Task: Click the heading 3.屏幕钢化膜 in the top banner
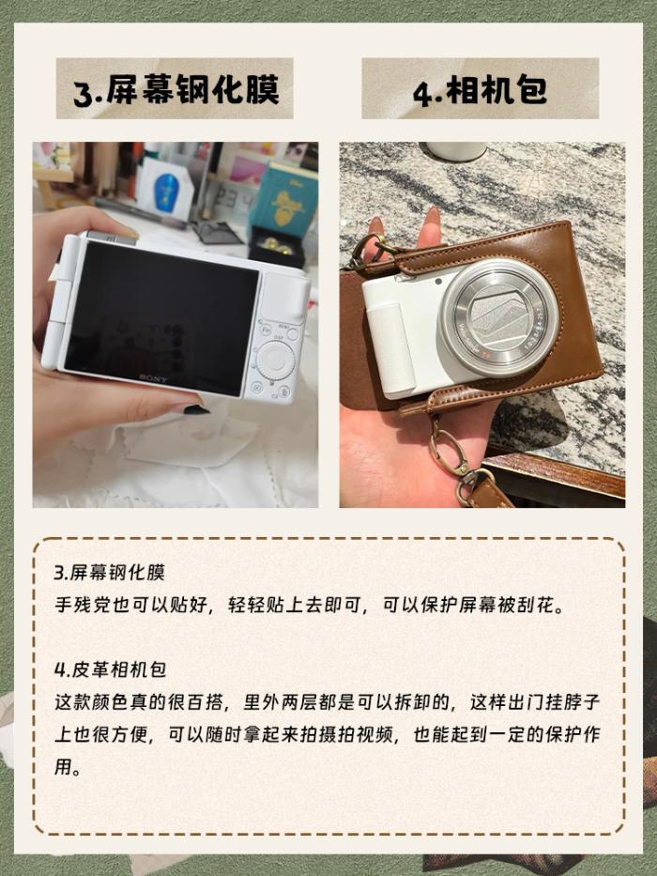tap(176, 90)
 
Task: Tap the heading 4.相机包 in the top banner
tap(481, 90)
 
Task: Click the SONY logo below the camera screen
tap(153, 378)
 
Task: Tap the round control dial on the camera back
tap(275, 361)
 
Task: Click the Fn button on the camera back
tap(267, 329)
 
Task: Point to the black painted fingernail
tap(196, 409)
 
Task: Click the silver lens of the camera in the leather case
tap(499, 318)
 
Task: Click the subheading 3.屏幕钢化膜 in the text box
tap(110, 573)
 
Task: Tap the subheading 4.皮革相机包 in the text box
tap(110, 669)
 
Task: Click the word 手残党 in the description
tap(83, 605)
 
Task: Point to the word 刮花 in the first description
tap(536, 605)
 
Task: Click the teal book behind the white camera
tap(284, 200)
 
